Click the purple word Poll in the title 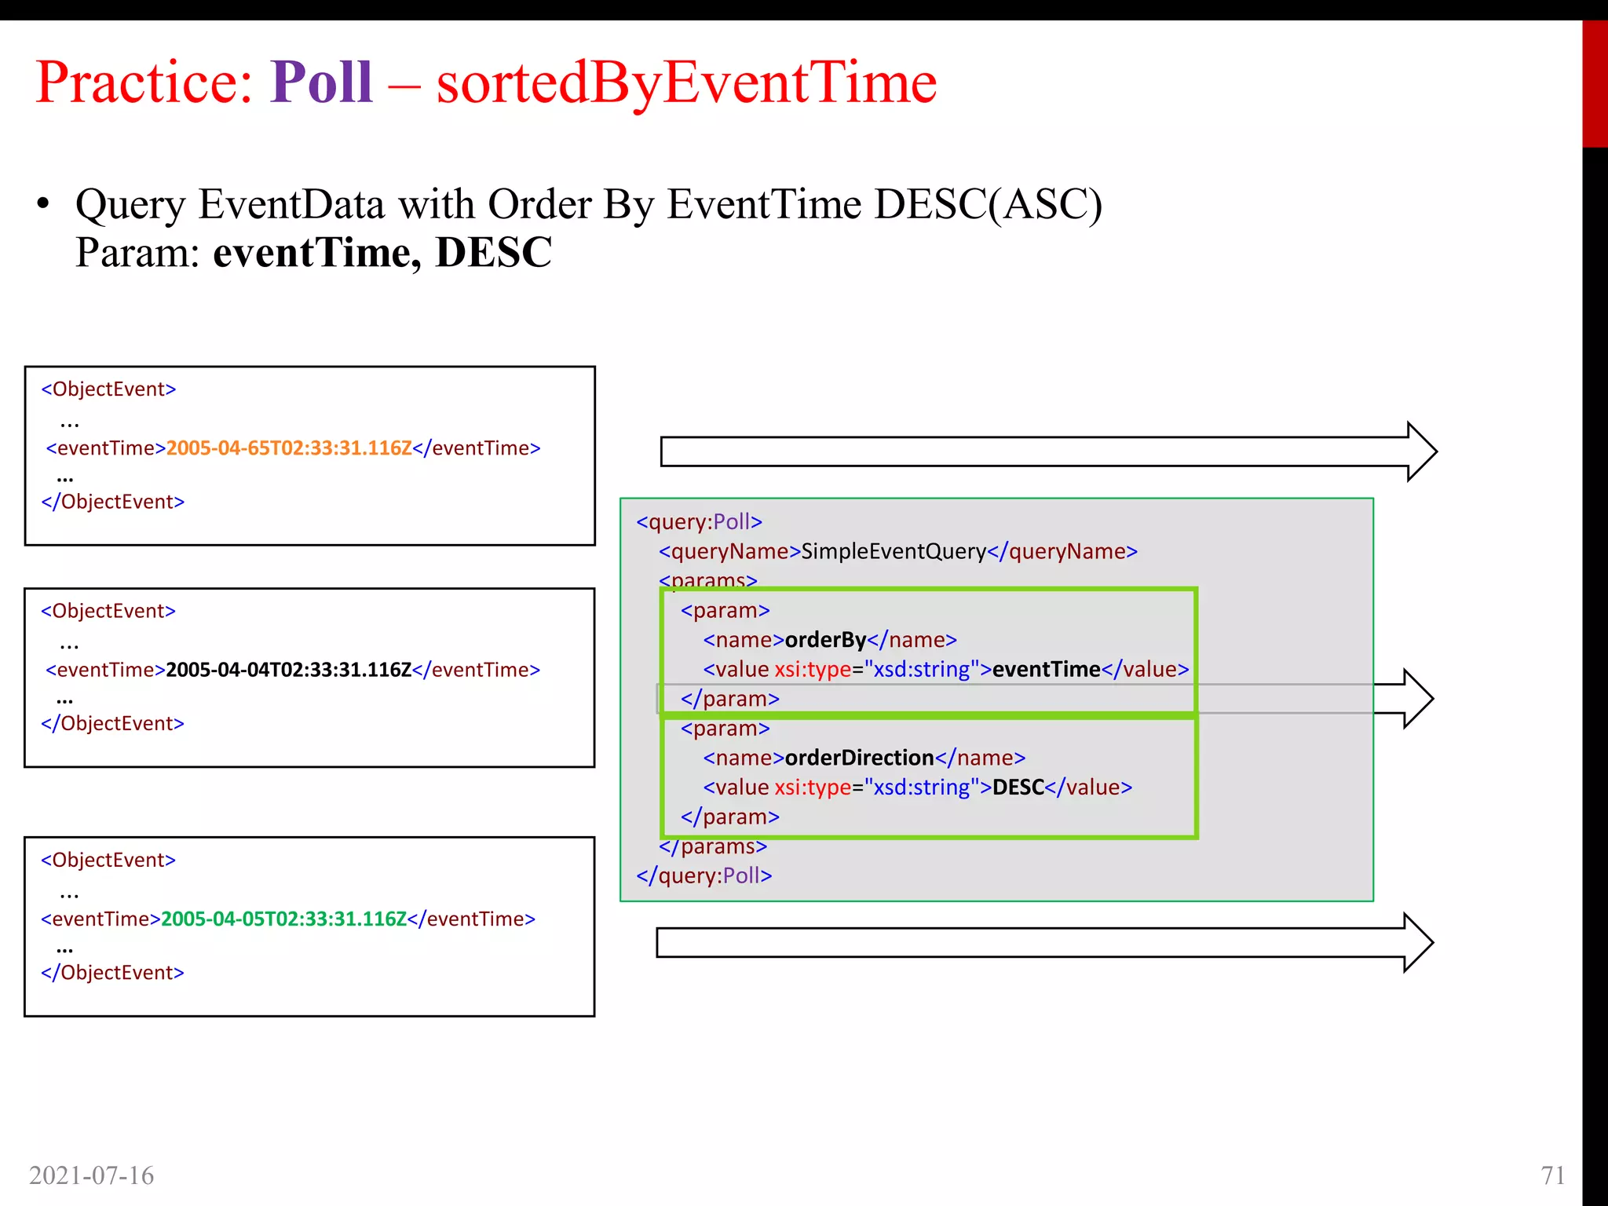click(x=321, y=82)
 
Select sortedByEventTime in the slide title click(x=686, y=82)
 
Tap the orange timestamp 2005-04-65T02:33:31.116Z click(x=289, y=448)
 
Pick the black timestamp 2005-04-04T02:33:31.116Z click(x=289, y=670)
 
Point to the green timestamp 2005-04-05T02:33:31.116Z click(x=283, y=919)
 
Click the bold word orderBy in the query click(x=825, y=640)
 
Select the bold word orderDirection click(x=859, y=758)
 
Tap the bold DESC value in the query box click(x=1018, y=788)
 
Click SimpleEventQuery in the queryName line click(x=894, y=551)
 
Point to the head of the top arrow click(x=1420, y=451)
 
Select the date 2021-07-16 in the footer click(x=91, y=1175)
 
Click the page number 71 click(x=1553, y=1175)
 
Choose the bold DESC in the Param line click(x=494, y=253)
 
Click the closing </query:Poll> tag click(x=704, y=875)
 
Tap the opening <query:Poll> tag click(x=700, y=522)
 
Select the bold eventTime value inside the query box click(x=1046, y=670)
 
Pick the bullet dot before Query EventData click(x=43, y=204)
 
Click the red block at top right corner click(x=1595, y=83)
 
